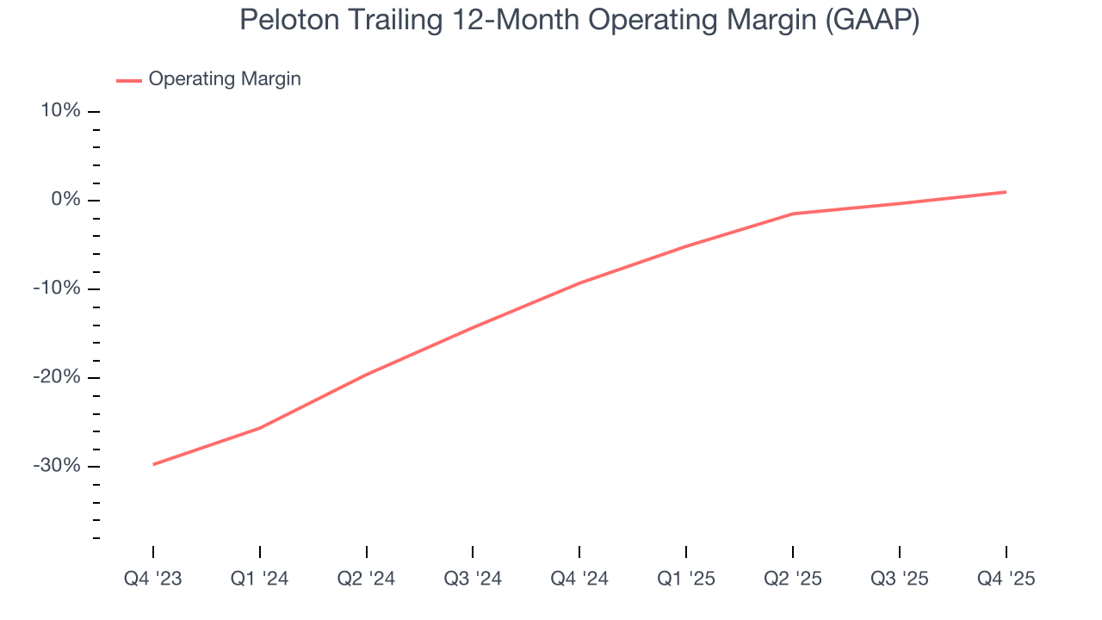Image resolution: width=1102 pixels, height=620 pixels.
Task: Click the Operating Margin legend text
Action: click(x=225, y=79)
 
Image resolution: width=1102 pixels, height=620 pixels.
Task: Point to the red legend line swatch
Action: click(x=129, y=80)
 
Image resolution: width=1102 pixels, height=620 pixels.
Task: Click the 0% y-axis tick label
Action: click(x=67, y=200)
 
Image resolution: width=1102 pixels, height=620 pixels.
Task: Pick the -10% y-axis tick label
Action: click(x=57, y=288)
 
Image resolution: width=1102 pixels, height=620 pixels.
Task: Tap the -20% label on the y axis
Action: click(x=57, y=377)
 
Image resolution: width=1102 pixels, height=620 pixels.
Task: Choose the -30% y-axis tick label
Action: click(x=57, y=466)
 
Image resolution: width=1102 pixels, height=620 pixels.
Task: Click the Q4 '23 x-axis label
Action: click(x=153, y=579)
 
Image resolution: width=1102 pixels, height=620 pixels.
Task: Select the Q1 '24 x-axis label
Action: click(x=259, y=579)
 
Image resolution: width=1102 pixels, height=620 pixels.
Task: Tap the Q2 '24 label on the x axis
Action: click(x=366, y=579)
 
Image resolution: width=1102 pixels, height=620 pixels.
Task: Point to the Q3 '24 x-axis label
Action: click(x=473, y=579)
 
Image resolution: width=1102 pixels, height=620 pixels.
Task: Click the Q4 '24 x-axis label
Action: click(x=579, y=579)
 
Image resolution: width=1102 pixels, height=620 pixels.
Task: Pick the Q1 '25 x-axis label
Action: click(x=686, y=579)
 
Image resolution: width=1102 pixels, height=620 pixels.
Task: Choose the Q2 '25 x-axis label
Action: click(x=793, y=579)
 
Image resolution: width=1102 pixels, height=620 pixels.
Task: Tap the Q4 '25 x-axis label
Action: click(x=1006, y=579)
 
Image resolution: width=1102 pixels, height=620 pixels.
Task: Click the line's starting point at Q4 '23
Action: click(x=153, y=464)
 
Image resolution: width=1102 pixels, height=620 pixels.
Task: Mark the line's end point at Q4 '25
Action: click(x=1006, y=192)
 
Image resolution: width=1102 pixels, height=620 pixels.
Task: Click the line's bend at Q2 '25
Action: click(x=793, y=214)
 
